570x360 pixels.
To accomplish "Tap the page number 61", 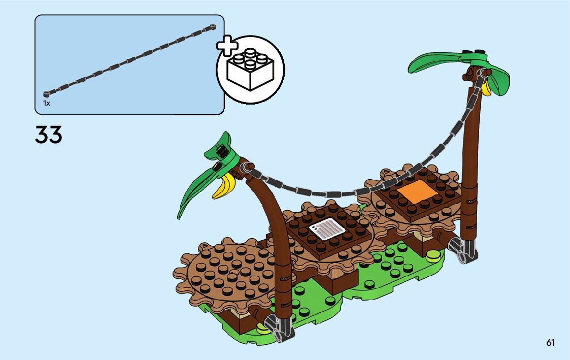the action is click(550, 343).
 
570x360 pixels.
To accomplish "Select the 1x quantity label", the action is click(46, 103).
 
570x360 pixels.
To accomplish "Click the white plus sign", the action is click(227, 46).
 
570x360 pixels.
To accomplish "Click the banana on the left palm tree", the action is click(224, 186).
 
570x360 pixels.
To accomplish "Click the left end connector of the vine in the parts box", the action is click(46, 93).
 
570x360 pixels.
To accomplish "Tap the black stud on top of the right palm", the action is click(479, 51).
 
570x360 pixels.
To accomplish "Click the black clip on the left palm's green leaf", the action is click(221, 150).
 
